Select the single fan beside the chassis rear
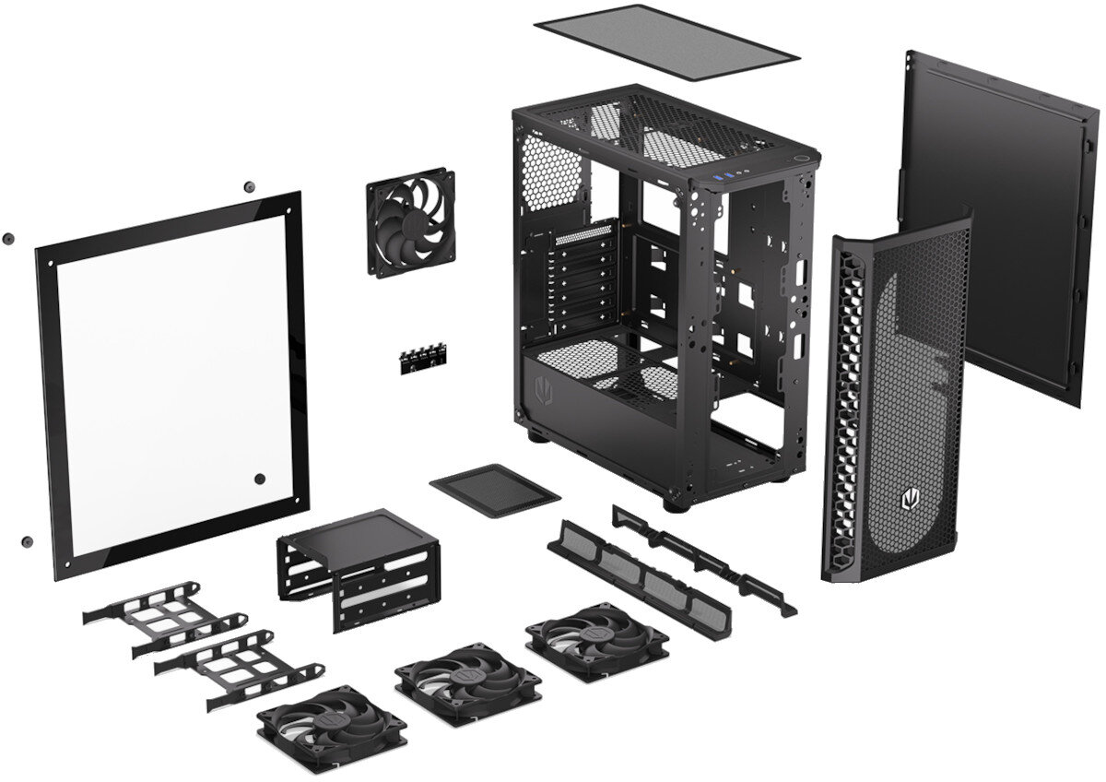click(x=410, y=220)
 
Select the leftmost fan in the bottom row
click(x=332, y=727)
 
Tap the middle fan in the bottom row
click(x=467, y=683)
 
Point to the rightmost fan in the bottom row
click(x=596, y=641)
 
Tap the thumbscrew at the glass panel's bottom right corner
click(x=259, y=479)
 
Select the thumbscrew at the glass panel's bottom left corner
click(x=27, y=541)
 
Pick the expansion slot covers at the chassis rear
click(x=582, y=277)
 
